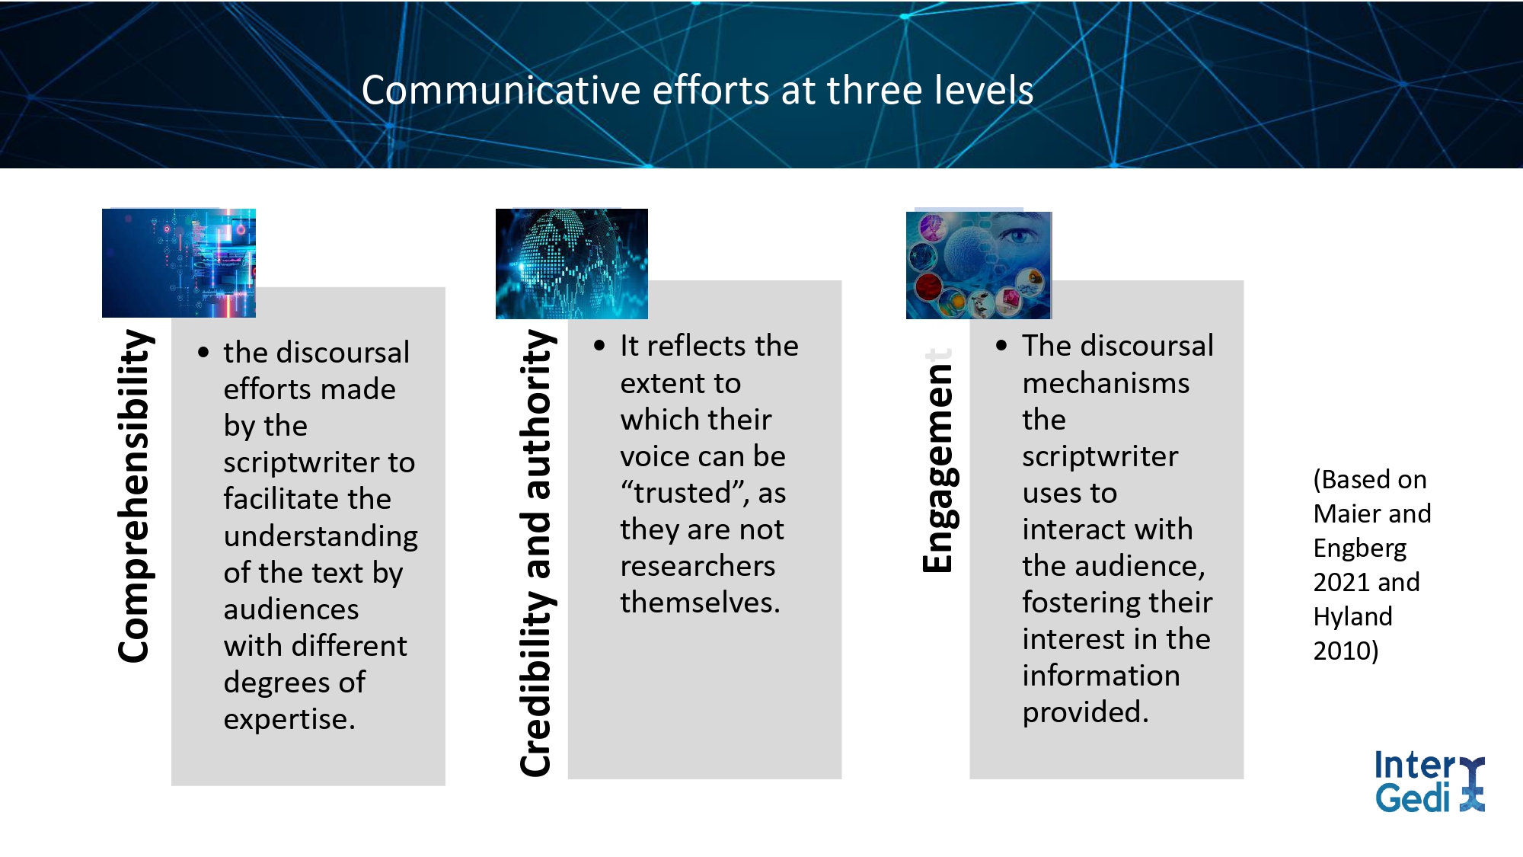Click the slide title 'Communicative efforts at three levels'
tap(697, 91)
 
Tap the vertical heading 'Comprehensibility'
tap(134, 496)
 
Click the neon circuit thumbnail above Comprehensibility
tap(179, 263)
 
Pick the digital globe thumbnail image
tap(572, 264)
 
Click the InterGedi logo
tap(1429, 782)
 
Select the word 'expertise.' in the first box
tap(289, 719)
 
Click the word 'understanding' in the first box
tap(321, 536)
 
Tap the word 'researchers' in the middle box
tap(698, 566)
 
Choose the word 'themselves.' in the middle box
tap(701, 603)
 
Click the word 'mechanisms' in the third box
tap(1106, 383)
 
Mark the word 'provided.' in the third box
tap(1085, 713)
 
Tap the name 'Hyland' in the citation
tap(1352, 617)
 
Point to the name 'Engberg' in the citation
tap(1359, 548)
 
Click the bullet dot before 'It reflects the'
tap(599, 346)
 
